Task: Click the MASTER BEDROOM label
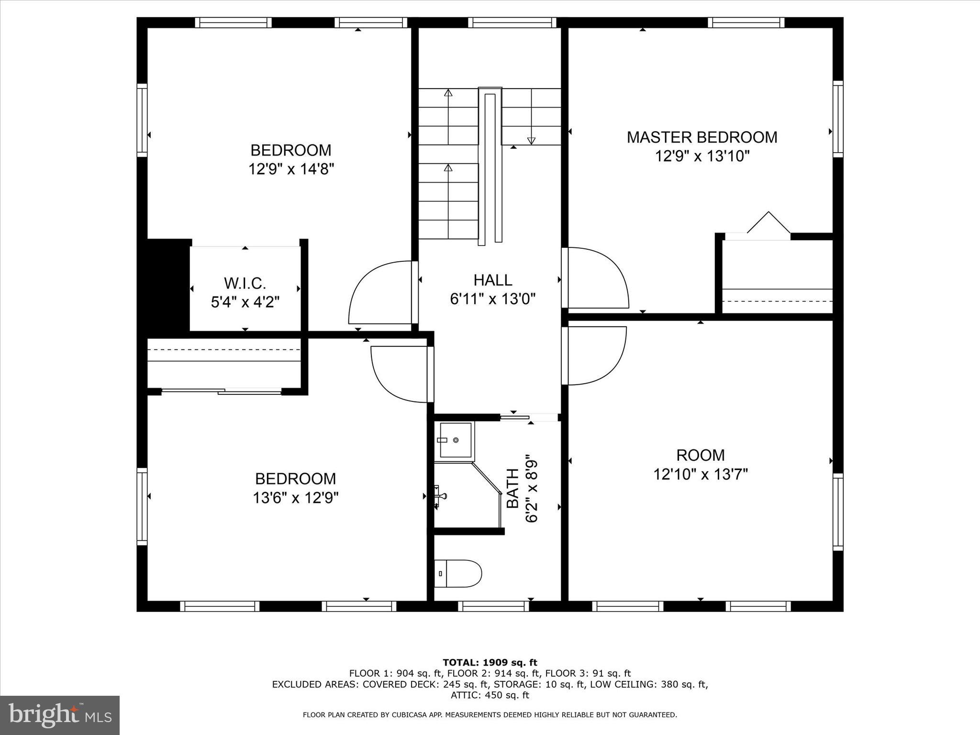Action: [x=702, y=137]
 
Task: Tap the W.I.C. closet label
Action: [x=245, y=283]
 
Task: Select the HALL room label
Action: [x=493, y=280]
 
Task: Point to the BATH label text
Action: [x=512, y=488]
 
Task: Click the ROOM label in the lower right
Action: [x=701, y=455]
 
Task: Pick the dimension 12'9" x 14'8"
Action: [x=291, y=169]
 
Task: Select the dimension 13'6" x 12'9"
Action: [x=296, y=498]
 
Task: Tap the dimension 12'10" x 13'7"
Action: [x=701, y=474]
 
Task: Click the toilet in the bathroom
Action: [x=458, y=573]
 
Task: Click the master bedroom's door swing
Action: [x=596, y=278]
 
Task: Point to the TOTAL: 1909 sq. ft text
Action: [x=490, y=663]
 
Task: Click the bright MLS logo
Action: [x=60, y=715]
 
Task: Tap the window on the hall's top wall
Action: [x=512, y=22]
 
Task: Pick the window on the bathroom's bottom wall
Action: [x=493, y=606]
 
